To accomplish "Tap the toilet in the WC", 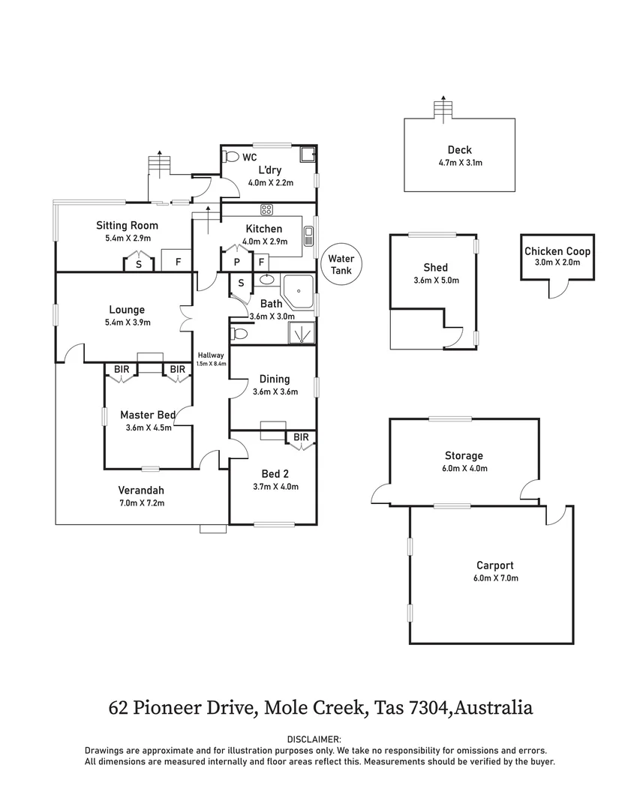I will coord(231,157).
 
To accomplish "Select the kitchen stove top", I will coord(266,209).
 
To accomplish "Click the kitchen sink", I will coord(308,237).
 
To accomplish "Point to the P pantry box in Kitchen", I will coord(237,262).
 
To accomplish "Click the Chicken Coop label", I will coord(557,251).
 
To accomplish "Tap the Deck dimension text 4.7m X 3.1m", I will coord(460,163).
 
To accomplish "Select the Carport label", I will coord(494,565).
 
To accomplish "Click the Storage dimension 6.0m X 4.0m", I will coord(464,469).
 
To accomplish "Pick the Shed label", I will coord(436,267).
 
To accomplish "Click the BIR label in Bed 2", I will coord(302,437).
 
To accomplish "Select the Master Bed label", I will coord(148,415).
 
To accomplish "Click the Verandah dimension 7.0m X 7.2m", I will coord(142,502).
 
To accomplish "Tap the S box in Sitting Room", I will coord(139,263).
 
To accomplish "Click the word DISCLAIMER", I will coord(320,739).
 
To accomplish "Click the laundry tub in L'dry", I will coord(306,155).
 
